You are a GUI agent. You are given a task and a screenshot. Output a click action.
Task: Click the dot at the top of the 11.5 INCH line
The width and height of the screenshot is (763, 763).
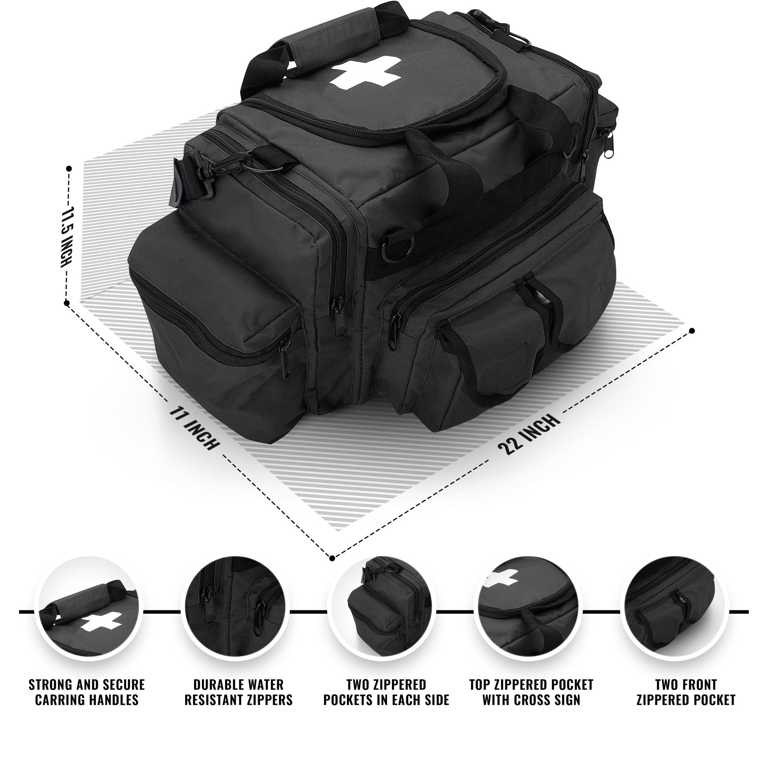[x=69, y=169]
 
